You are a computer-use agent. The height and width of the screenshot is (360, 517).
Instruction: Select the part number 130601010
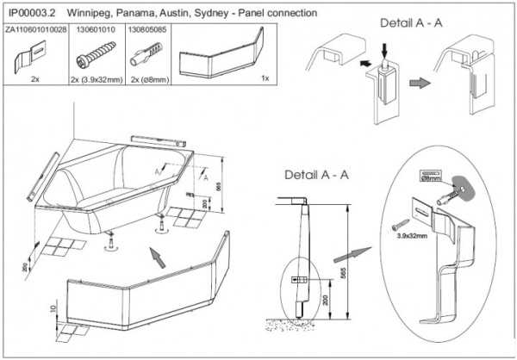coord(94,28)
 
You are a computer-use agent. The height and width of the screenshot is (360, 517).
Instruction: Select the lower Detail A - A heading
coord(316,175)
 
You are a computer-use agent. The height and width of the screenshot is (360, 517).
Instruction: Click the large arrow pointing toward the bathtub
coord(155,255)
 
